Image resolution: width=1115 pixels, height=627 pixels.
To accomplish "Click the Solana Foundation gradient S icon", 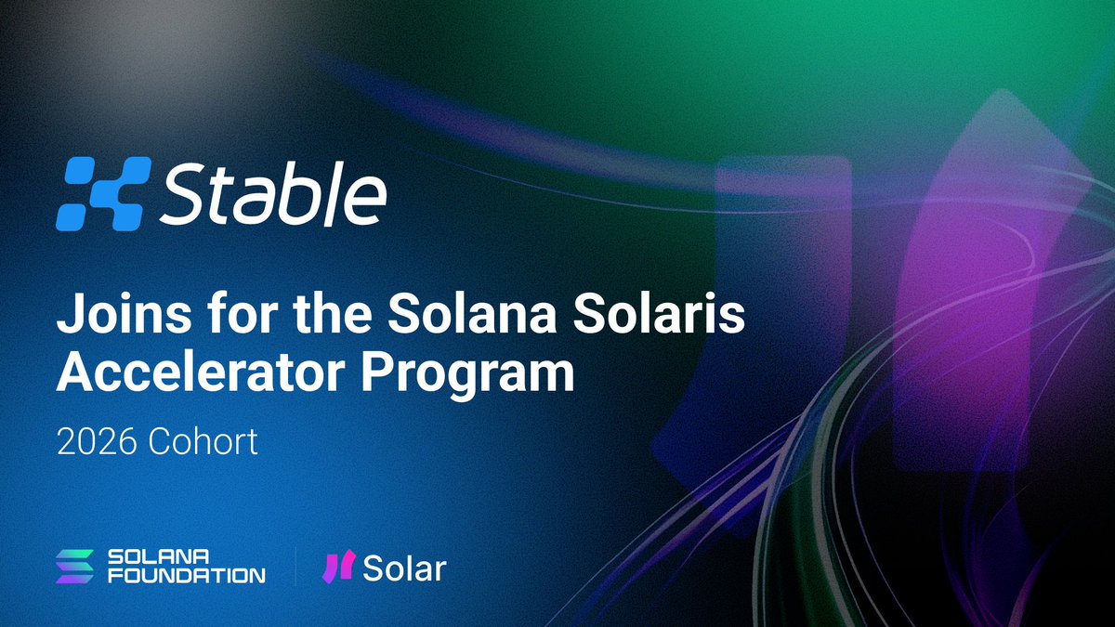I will [75, 566].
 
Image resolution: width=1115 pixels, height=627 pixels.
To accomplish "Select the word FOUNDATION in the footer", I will [187, 576].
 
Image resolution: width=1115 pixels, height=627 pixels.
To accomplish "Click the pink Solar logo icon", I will [337, 566].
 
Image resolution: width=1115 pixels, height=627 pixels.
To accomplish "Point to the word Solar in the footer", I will [404, 568].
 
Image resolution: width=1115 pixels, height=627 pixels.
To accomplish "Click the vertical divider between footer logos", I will [295, 566].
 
